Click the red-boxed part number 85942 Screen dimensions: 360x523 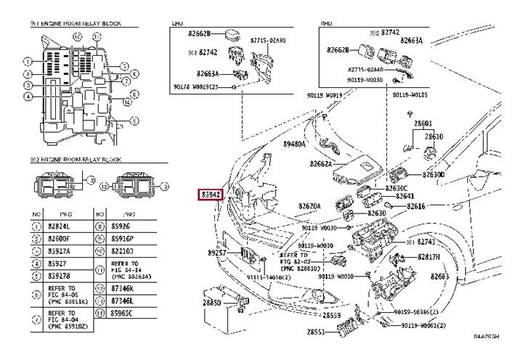212,195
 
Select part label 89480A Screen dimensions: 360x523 294,144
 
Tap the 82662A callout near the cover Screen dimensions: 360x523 320,164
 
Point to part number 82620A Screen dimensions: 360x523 309,206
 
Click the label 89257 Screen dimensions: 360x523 218,253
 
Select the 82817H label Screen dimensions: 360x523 429,257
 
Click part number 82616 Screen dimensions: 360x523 416,206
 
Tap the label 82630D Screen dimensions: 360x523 433,175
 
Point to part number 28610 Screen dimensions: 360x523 434,136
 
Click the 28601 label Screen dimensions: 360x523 423,123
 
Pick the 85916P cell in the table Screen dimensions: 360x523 122,238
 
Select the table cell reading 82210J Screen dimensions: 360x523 121,250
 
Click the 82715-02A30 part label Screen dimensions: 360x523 268,41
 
